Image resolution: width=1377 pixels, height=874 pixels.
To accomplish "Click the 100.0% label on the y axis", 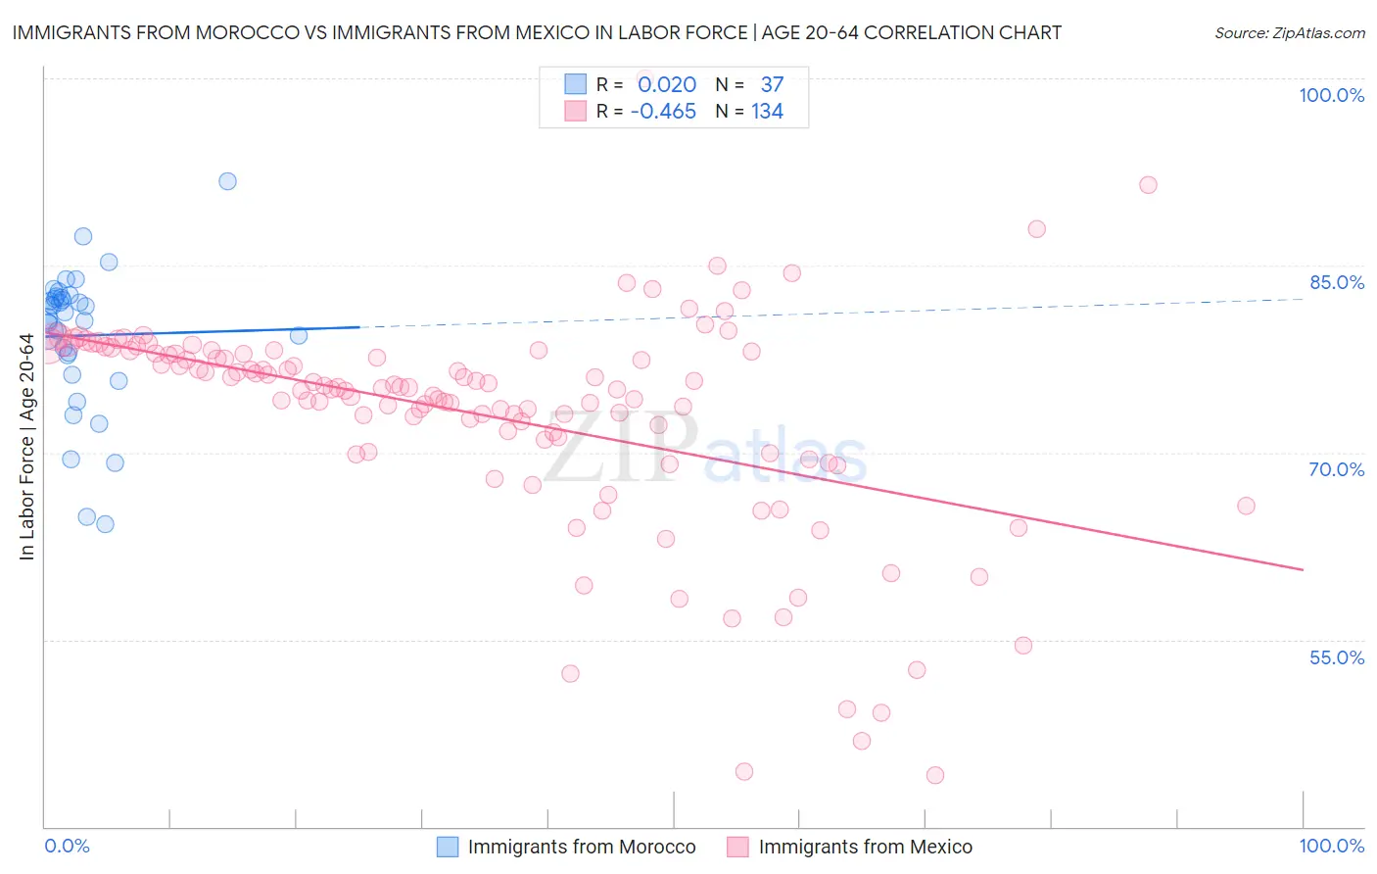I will [1331, 95].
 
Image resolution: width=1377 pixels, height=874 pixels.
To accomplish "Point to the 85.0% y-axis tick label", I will [1337, 282].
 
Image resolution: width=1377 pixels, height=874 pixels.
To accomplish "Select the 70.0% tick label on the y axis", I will [1337, 469].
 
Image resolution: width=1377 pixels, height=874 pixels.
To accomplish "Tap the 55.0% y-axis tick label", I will [1337, 657].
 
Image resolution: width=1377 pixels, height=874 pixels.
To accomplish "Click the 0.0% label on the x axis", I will [67, 846].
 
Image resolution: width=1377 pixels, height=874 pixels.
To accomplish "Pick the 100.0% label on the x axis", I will [1331, 846].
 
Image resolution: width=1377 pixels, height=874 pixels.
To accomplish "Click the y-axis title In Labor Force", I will [27, 447].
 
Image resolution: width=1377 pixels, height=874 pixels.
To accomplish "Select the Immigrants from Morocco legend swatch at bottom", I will [448, 847].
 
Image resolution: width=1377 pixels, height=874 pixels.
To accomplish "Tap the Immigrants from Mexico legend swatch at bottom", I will [737, 847].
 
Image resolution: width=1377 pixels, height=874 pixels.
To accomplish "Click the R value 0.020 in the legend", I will [667, 85].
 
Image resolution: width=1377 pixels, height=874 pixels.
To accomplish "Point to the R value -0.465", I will [663, 112].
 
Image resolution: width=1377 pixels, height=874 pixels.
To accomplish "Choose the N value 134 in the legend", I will [767, 112].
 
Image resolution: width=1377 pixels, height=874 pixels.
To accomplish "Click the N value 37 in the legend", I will [772, 85].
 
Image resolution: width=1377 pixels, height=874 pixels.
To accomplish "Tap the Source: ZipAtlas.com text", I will [1289, 32].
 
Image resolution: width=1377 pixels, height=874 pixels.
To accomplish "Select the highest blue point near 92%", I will [227, 181].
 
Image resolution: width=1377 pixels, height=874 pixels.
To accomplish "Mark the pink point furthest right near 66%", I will [1246, 506].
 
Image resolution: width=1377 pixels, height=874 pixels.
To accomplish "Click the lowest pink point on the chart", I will [934, 775].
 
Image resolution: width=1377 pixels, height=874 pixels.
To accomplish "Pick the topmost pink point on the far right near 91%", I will [1148, 185].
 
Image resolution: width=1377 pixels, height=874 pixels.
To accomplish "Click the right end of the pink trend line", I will [1303, 569].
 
